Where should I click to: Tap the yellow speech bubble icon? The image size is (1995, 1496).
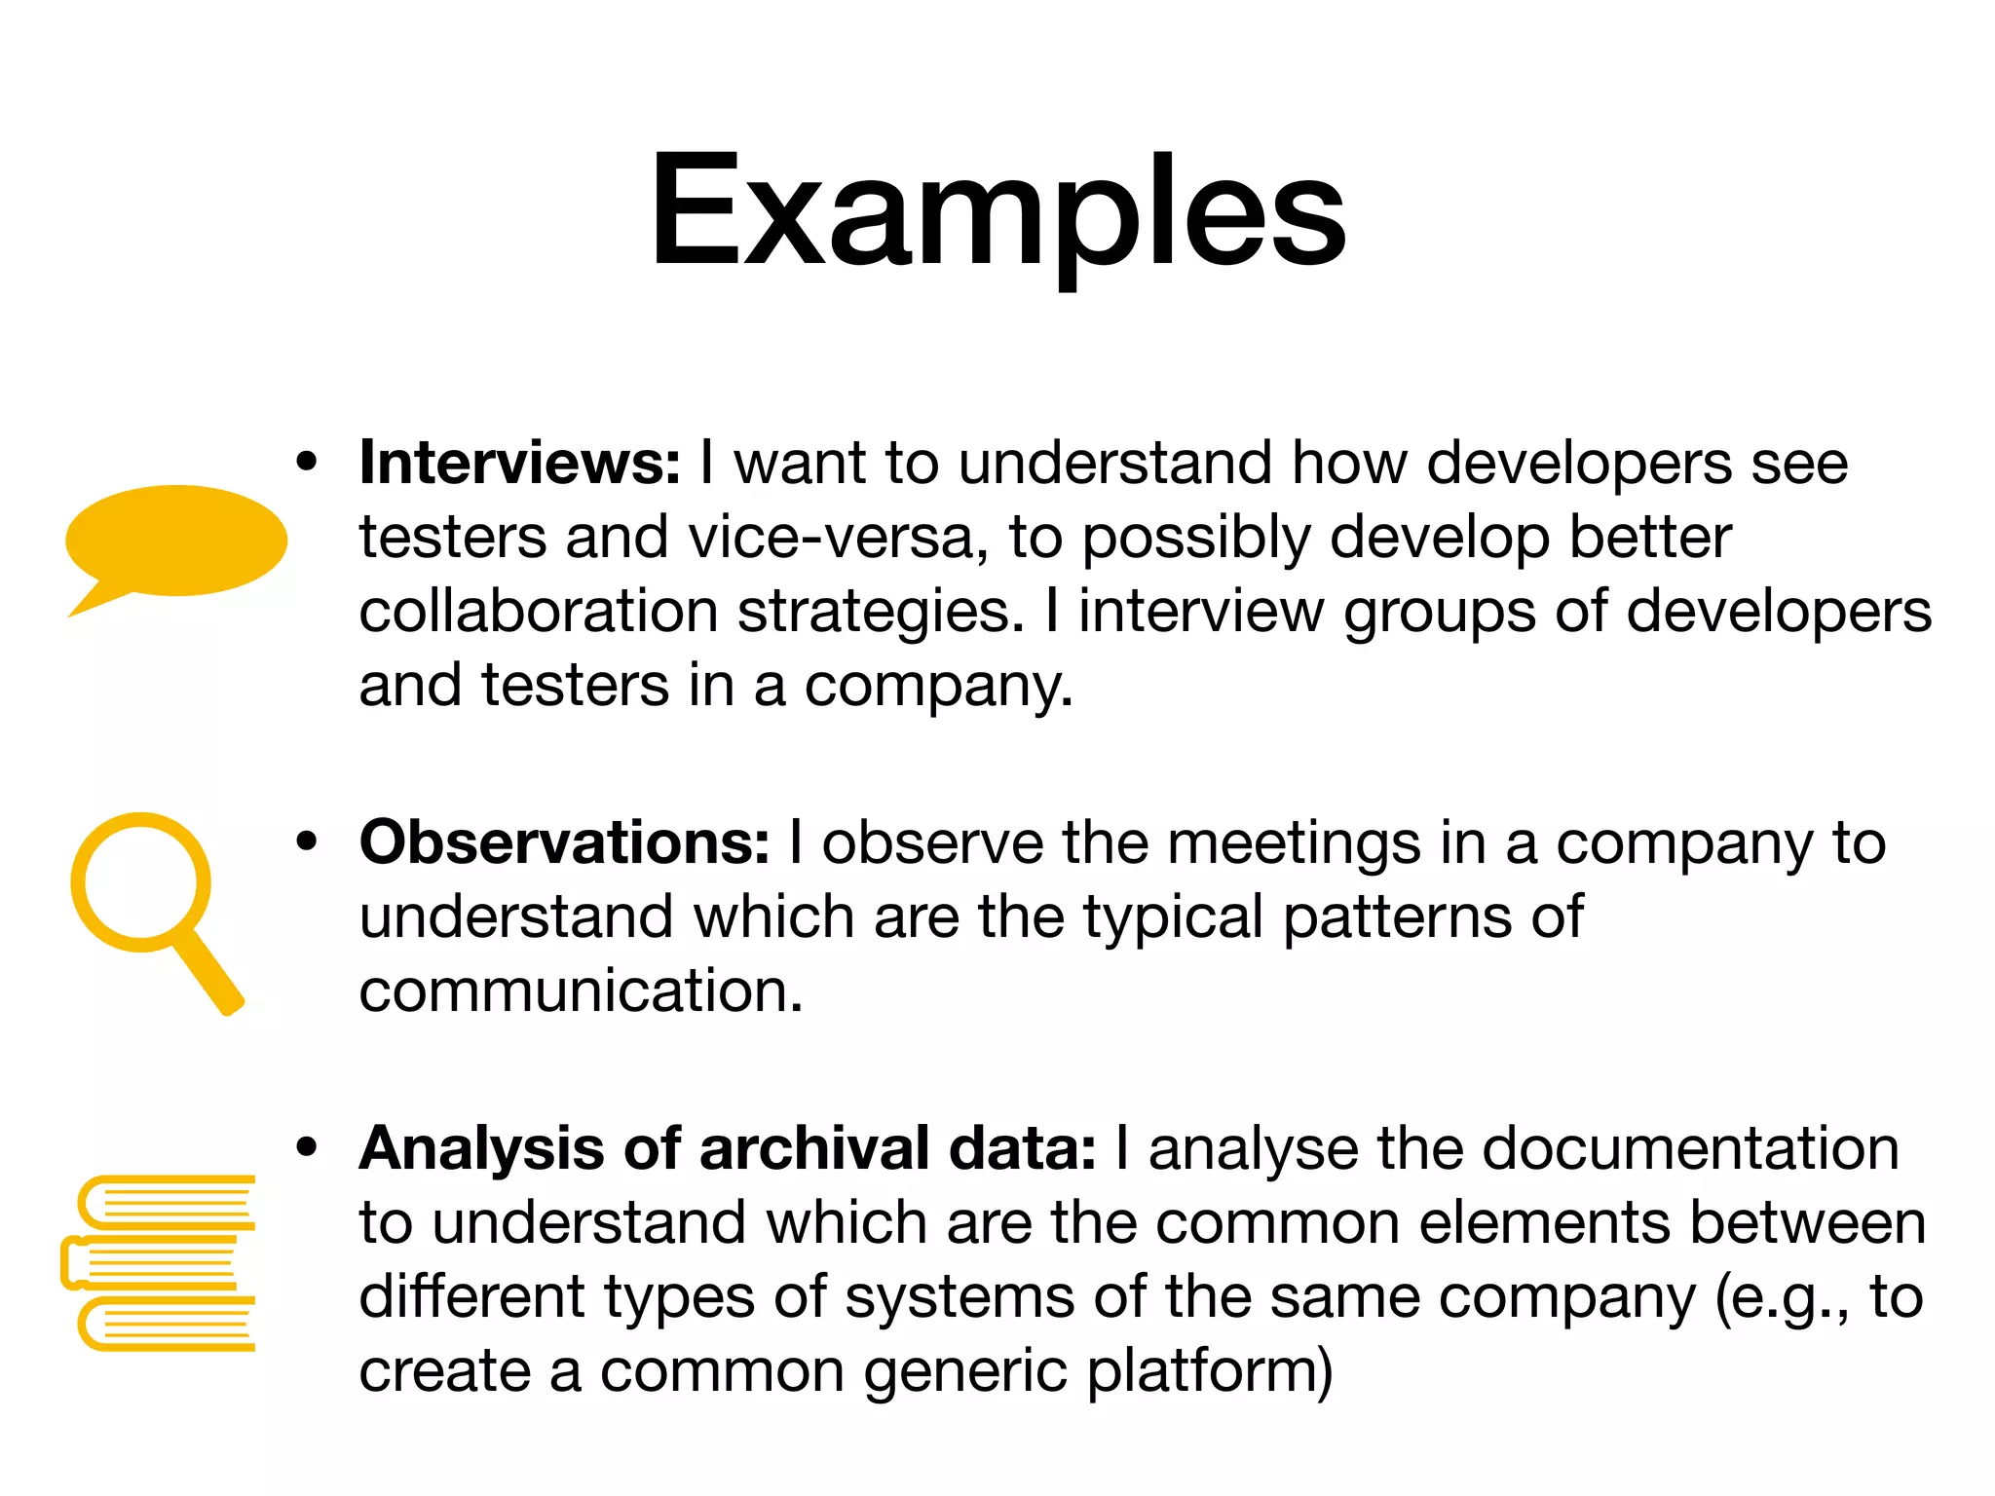pos(176,541)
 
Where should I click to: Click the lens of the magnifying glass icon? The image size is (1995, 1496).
pos(141,882)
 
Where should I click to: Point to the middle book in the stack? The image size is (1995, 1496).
pos(151,1264)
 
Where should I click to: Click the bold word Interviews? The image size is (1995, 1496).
pos(519,463)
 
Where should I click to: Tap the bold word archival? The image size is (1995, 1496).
pos(812,1148)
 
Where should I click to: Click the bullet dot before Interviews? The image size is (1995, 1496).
pos(308,462)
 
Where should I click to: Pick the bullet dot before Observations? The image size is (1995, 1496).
pos(308,841)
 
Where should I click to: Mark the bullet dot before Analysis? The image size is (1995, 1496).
pos(308,1147)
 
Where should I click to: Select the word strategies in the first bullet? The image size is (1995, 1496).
pos(881,614)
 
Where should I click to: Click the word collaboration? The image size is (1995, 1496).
pos(539,612)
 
